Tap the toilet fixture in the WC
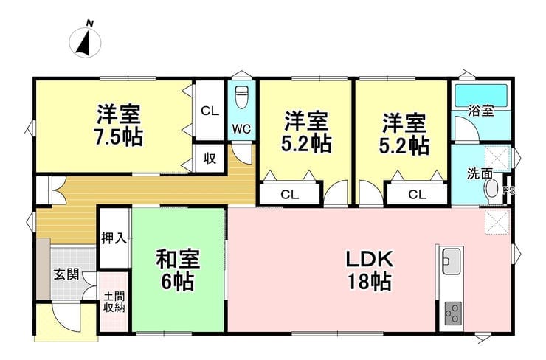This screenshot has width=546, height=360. (x=241, y=97)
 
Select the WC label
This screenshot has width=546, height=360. (x=241, y=129)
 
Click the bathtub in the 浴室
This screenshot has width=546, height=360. (x=481, y=95)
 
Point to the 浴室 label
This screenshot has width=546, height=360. (x=481, y=111)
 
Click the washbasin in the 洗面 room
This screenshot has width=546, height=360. (x=491, y=189)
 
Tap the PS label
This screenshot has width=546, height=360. (x=509, y=190)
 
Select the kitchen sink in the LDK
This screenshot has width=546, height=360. (x=452, y=260)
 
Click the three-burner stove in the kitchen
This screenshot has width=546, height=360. (x=453, y=313)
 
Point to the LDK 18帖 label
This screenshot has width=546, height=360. (x=369, y=270)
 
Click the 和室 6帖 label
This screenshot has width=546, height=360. (x=178, y=270)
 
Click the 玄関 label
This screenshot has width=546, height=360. (x=66, y=274)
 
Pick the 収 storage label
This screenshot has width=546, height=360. (x=210, y=159)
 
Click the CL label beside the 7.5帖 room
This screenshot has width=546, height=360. (x=210, y=111)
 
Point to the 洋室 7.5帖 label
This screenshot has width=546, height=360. (x=118, y=125)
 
